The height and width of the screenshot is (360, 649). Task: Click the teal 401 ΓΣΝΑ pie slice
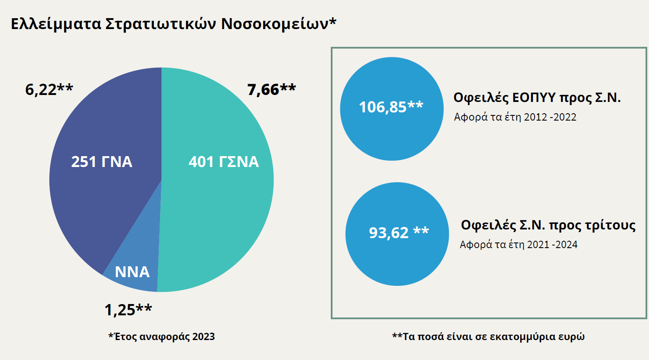(217, 208)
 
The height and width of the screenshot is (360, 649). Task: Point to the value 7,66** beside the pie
(271, 89)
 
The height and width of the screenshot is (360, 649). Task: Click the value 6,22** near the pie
(49, 89)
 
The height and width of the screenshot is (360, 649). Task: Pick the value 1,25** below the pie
(128, 310)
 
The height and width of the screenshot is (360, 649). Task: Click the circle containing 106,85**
(391, 109)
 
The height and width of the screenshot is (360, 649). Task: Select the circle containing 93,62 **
(397, 234)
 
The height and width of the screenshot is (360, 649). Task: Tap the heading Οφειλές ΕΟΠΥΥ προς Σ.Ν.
(537, 98)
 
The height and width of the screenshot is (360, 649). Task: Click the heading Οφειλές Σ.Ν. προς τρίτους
(548, 225)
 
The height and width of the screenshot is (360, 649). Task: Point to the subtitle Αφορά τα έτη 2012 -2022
(515, 117)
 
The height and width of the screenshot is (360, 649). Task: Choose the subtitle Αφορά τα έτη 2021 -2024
(519, 245)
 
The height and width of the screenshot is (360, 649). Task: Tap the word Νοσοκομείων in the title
(277, 24)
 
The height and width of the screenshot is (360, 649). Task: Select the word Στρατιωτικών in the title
(161, 24)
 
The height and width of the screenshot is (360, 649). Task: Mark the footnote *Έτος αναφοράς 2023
(161, 337)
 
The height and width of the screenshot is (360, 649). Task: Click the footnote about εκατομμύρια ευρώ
(488, 337)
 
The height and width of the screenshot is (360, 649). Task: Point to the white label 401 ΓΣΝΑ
(224, 162)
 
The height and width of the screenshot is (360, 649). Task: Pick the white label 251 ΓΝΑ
(101, 162)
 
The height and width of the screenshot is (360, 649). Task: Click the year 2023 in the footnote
(203, 337)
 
